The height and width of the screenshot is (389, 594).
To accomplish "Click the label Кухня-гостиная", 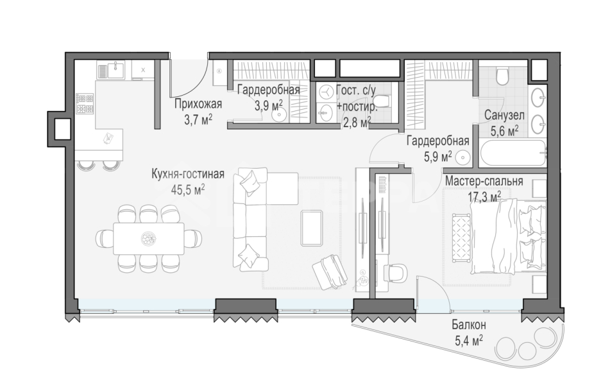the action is click(x=188, y=175).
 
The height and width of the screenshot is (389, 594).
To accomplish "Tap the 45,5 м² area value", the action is click(x=188, y=189).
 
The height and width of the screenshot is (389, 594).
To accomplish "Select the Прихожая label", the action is click(x=198, y=103).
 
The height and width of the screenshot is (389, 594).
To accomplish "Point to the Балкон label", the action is click(x=469, y=325).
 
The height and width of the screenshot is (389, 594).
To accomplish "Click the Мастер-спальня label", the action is click(x=484, y=181).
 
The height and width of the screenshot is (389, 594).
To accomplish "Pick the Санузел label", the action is click(x=505, y=116).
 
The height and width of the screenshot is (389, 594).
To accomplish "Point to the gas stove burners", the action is click(x=85, y=103).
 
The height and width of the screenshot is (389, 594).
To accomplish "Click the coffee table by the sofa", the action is click(x=312, y=227).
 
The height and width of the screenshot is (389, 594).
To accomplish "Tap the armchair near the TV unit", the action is click(x=330, y=271).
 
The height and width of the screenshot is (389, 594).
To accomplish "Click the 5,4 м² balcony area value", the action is click(x=469, y=340).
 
